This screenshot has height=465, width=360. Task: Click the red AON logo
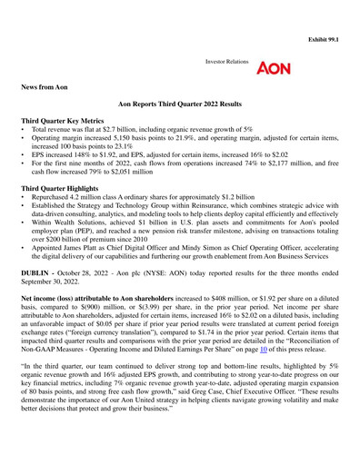pyautogui.click(x=275, y=69)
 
